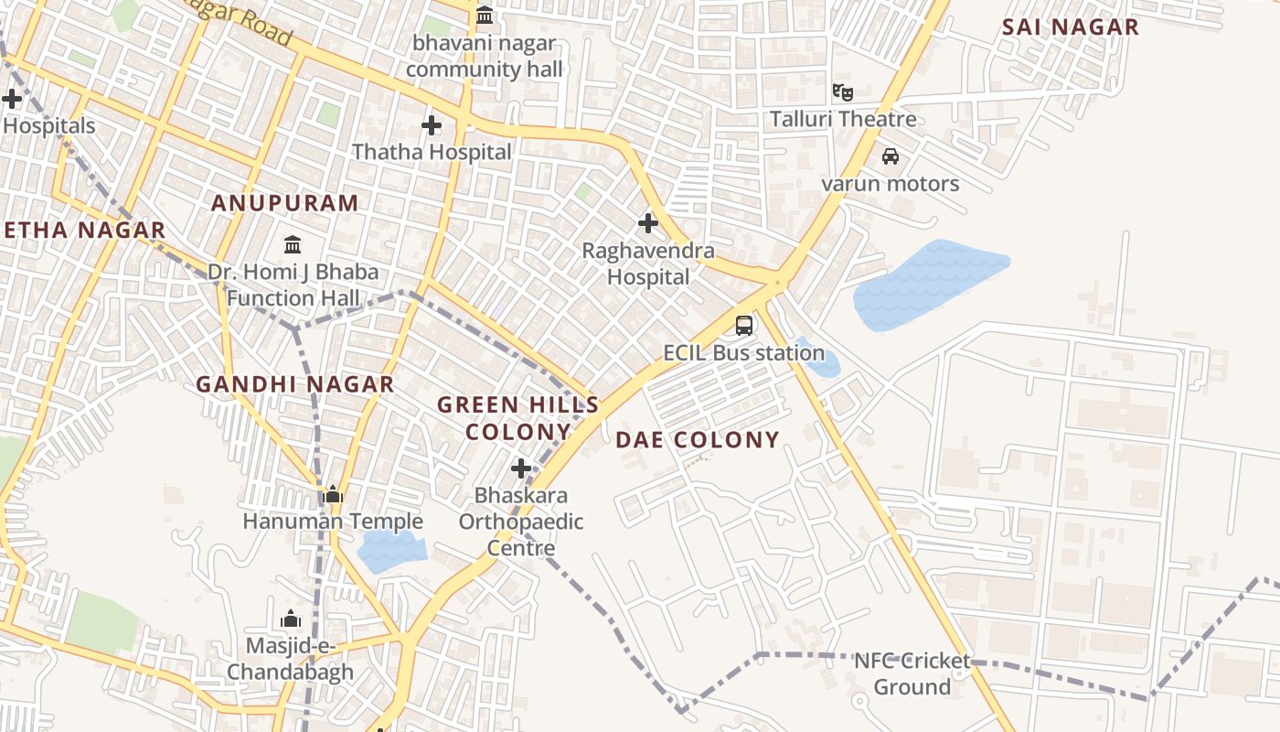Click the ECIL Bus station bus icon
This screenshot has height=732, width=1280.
point(744,325)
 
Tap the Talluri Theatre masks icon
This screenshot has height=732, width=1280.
point(842,91)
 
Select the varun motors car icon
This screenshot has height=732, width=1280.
point(890,156)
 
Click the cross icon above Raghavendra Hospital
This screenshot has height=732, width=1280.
point(648,222)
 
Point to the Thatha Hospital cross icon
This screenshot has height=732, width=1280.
point(432,124)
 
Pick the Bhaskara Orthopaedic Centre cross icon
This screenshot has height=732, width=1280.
point(521,468)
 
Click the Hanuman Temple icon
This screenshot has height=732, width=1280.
point(333,495)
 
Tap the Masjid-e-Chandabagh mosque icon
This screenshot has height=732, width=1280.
point(291,619)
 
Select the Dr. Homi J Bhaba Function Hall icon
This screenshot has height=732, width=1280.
point(293,244)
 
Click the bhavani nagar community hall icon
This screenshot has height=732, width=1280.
point(485,16)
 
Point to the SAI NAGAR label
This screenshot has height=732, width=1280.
point(1071,27)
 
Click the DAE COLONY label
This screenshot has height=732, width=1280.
point(698,440)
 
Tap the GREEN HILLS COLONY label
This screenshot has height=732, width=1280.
point(518,418)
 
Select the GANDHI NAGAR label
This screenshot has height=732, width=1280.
point(295,384)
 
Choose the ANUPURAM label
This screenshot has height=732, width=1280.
point(285,203)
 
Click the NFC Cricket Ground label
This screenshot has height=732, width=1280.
point(912,673)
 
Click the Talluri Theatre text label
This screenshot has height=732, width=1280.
point(842,119)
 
